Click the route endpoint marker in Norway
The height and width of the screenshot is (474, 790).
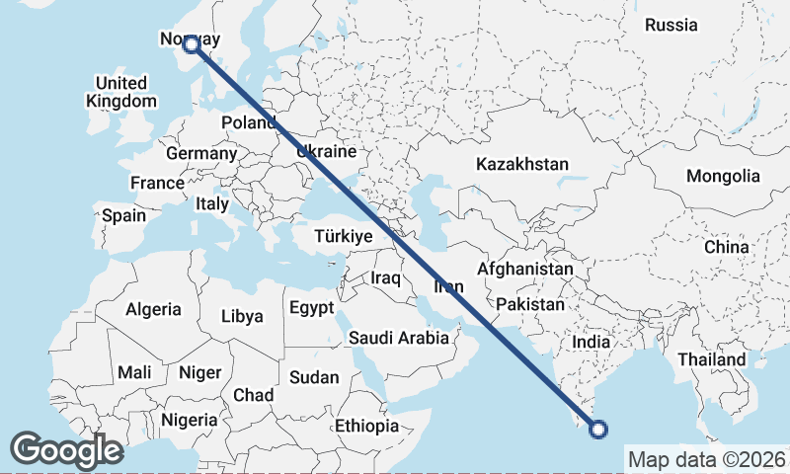coord(192,43)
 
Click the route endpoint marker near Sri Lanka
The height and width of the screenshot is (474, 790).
coord(597,429)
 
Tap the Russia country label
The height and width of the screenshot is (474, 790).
coord(671,25)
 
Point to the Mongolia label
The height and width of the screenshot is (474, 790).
coord(724,176)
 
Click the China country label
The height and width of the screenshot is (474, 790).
coord(727,246)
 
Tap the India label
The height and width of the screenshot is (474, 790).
coord(592,342)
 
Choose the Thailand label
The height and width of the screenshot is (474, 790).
coord(711,359)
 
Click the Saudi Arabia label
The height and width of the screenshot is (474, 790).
coord(398,338)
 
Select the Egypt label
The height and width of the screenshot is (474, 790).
coord(311,308)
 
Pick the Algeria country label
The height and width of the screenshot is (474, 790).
coord(153,309)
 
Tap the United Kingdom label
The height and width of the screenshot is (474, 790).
coord(120,92)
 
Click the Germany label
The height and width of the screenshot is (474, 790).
coord(201,154)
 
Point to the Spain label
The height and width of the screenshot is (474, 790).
coord(123,215)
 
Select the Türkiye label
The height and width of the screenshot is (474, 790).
coord(343,236)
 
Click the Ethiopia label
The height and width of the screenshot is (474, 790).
coord(366,427)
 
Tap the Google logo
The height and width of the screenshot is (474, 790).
coord(66,450)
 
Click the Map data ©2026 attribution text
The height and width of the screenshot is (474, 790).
coord(706,459)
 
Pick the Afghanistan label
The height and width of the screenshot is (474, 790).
coord(524,269)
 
